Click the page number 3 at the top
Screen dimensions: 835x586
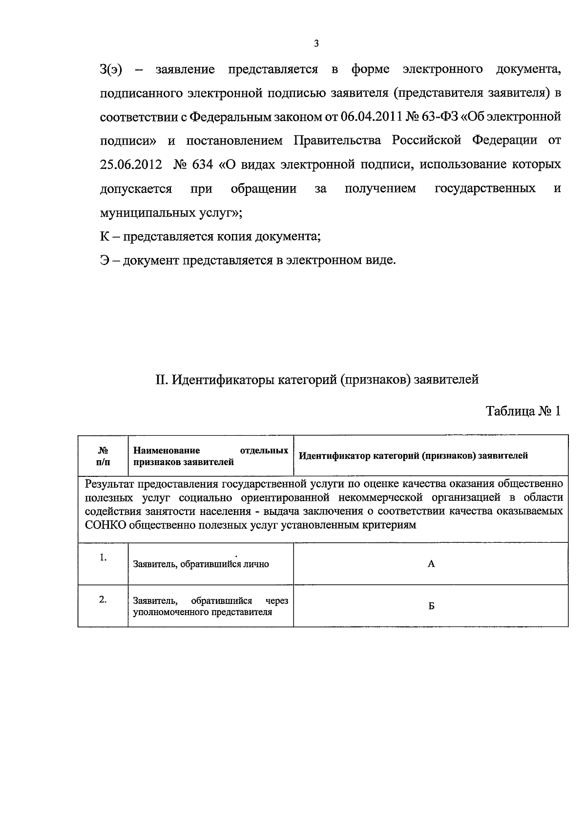[x=316, y=44]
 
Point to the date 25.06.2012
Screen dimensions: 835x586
[x=131, y=165]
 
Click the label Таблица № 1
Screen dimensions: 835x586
[x=523, y=411]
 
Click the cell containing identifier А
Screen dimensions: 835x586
[x=431, y=564]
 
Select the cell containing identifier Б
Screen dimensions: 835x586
[x=431, y=606]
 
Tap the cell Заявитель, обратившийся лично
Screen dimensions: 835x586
[x=201, y=564]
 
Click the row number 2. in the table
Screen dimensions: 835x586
[x=103, y=600]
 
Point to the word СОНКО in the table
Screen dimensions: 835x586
[x=105, y=525]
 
